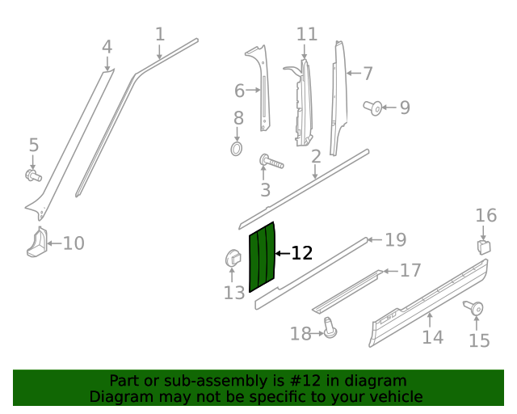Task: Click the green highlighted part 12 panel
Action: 263,256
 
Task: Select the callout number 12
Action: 301,254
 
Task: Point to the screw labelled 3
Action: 271,162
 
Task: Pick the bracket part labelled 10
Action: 37,243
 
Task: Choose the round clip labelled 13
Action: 233,260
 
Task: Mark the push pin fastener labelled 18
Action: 330,327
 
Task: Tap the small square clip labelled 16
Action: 483,245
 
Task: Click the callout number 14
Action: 433,337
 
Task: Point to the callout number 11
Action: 307,35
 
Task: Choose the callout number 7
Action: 368,74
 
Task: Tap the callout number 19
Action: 395,239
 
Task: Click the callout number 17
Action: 410,270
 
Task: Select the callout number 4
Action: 107,48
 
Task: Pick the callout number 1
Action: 160,35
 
